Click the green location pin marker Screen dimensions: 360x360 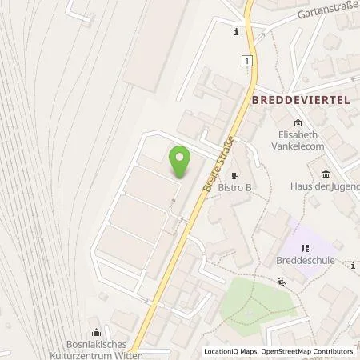(182, 160)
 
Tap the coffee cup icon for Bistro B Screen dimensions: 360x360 (235, 175)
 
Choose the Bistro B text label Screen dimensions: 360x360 (237, 188)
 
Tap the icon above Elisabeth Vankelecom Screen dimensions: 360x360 (298, 122)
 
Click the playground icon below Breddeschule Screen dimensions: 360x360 (281, 281)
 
